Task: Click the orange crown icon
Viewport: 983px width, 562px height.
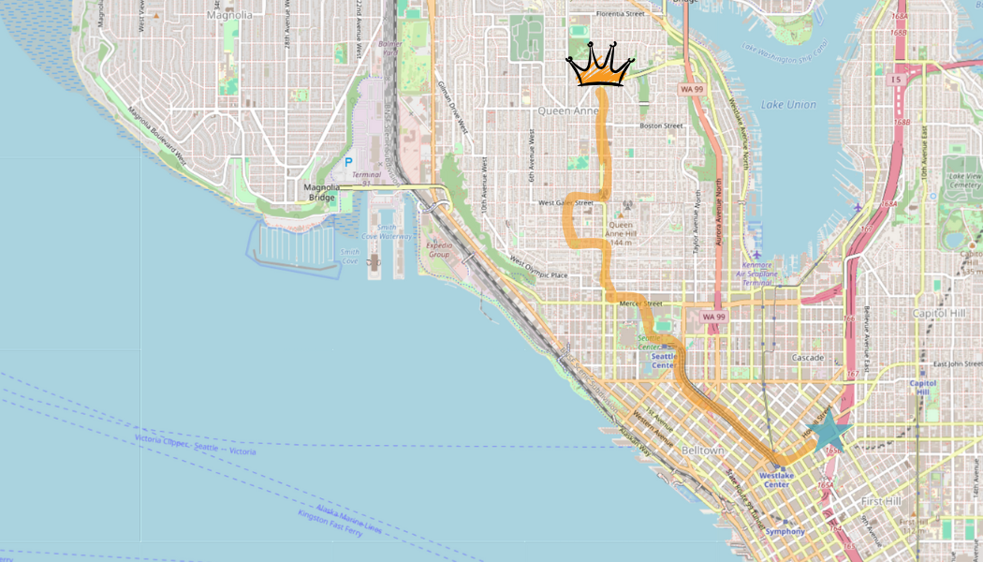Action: (x=600, y=66)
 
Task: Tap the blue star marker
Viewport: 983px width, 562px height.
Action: (x=829, y=432)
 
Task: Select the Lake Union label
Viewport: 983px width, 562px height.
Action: (x=789, y=105)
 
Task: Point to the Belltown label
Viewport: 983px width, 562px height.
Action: (x=703, y=451)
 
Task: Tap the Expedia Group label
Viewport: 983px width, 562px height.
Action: (x=439, y=249)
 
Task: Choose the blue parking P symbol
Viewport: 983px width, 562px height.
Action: (x=349, y=162)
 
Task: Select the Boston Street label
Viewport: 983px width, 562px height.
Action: (x=663, y=126)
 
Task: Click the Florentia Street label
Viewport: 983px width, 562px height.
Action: (x=622, y=14)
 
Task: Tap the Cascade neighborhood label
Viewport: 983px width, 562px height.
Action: (x=808, y=358)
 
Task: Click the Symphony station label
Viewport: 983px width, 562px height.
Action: (x=785, y=531)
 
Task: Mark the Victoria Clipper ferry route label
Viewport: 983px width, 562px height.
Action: (x=195, y=445)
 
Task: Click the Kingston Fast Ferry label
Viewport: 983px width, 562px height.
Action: (x=330, y=522)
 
